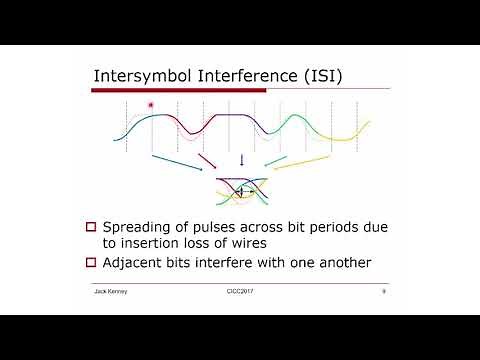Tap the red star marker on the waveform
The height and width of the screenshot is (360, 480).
tap(151, 105)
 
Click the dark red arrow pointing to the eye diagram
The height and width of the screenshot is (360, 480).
tap(207, 162)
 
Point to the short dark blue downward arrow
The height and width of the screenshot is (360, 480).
tap(241, 160)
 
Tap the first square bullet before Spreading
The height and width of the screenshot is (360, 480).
tap(90, 225)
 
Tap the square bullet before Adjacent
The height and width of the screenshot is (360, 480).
tap(90, 263)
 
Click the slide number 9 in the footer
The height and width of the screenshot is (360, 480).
tap(384, 291)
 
